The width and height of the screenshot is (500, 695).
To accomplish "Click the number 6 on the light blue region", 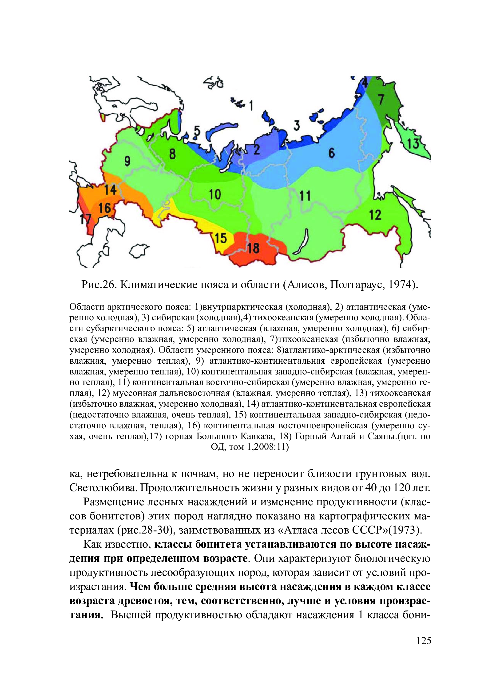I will pos(332,153).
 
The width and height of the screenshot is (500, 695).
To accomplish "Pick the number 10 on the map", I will pos(215,194).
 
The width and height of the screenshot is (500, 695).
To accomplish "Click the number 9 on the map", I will pos(127,160).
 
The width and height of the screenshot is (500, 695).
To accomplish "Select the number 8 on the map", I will pos(172,153).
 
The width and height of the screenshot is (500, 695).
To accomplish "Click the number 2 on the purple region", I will pos(256,149).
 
